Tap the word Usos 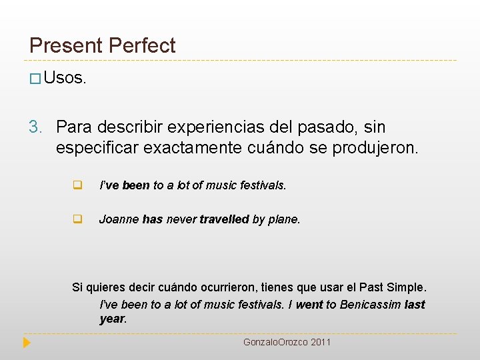(x=65, y=78)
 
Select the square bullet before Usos (x=35, y=79)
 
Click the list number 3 (x=35, y=127)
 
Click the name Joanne (x=118, y=219)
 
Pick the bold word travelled (x=224, y=219)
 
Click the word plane (x=284, y=219)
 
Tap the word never (x=181, y=219)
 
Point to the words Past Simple (x=391, y=287)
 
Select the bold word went (x=309, y=305)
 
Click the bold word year (x=111, y=318)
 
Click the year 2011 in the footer (x=320, y=342)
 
